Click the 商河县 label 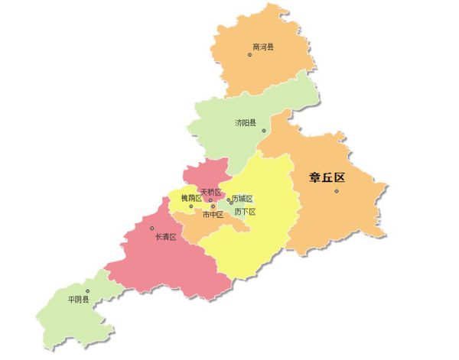[262, 47]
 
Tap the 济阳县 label [246, 122]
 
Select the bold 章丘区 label [327, 178]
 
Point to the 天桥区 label [210, 192]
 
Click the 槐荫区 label [190, 199]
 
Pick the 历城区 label [243, 199]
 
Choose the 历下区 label [245, 212]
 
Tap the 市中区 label [213, 215]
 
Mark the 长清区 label [166, 237]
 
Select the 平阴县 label [78, 300]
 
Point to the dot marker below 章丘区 [336, 190]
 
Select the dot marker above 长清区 [152, 228]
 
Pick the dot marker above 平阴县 [88, 290]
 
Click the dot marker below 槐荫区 [191, 206]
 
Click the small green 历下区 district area [237, 223]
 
